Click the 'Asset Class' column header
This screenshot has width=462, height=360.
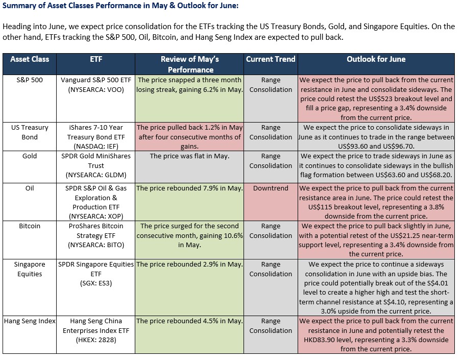pos(30,59)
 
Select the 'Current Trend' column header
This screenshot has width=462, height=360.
pos(271,59)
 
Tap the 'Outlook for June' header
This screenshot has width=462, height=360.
pos(376,59)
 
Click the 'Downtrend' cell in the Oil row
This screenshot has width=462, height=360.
pos(271,188)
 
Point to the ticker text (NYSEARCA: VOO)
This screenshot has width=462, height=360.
pos(96,90)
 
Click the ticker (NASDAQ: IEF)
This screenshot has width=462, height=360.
pos(96,146)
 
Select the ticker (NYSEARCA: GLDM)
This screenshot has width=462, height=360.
pos(96,175)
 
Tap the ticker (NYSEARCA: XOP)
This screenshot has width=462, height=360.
pos(96,216)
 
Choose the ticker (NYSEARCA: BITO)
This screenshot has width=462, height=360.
pos(96,245)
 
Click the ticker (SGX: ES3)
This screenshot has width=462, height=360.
pos(96,283)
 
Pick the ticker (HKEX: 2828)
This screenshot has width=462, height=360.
pos(96,340)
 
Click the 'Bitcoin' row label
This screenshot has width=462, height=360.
pos(30,226)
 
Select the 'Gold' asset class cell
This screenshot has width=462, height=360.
pos(30,156)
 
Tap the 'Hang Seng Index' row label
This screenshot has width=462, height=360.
pos(30,321)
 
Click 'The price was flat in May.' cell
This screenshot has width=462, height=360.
pos(189,156)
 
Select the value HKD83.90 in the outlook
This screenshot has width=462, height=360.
pos(319,340)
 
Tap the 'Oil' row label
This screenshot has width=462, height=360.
pos(30,188)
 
